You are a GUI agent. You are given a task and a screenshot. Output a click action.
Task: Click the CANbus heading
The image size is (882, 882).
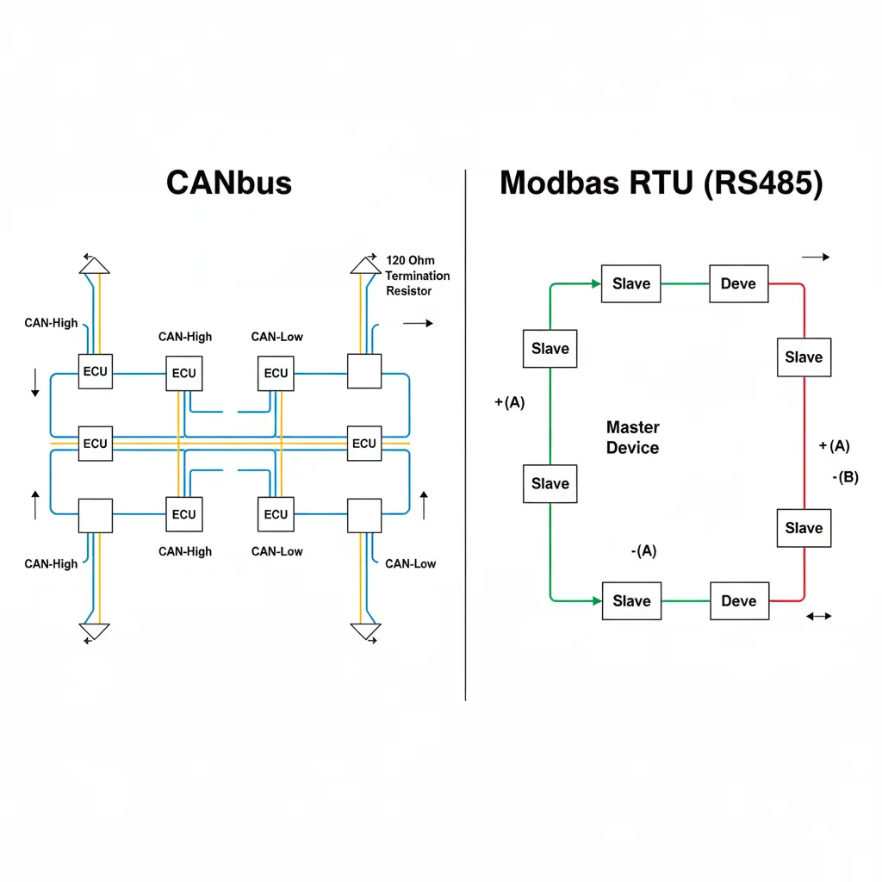[228, 183]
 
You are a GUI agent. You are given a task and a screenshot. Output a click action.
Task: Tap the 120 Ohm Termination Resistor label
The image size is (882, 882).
[418, 276]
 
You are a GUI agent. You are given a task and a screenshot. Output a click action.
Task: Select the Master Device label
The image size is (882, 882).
[632, 438]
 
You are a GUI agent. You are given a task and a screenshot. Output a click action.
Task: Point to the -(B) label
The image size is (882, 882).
[845, 477]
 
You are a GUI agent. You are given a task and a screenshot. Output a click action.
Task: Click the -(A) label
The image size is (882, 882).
[643, 551]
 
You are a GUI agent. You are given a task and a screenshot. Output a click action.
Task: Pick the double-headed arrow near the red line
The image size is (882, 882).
[817, 616]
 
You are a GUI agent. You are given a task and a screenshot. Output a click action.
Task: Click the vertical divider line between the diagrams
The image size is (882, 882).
[465, 431]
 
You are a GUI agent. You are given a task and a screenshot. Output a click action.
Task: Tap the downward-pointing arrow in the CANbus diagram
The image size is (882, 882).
[34, 382]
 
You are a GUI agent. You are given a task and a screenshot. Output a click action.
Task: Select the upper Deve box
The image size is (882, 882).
[738, 283]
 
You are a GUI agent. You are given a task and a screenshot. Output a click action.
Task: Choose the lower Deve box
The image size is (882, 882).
[738, 600]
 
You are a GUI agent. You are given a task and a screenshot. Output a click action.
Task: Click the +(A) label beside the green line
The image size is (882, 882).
[510, 402]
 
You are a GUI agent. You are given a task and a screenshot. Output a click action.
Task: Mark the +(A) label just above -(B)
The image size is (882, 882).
[834, 445]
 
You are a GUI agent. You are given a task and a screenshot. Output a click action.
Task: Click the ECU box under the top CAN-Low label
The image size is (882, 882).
[276, 373]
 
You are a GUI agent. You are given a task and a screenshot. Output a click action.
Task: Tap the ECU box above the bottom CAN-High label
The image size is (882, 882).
[183, 514]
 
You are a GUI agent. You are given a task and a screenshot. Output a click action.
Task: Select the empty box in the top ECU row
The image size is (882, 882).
[363, 371]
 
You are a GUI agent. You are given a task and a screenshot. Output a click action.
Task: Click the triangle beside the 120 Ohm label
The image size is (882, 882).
[365, 264]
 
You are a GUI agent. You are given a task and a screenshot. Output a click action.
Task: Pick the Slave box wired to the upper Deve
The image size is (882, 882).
[630, 283]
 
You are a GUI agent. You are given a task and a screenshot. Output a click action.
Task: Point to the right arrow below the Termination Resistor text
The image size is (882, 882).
[418, 323]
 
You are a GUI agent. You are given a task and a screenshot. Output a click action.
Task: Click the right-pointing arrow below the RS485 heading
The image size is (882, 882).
[815, 257]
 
